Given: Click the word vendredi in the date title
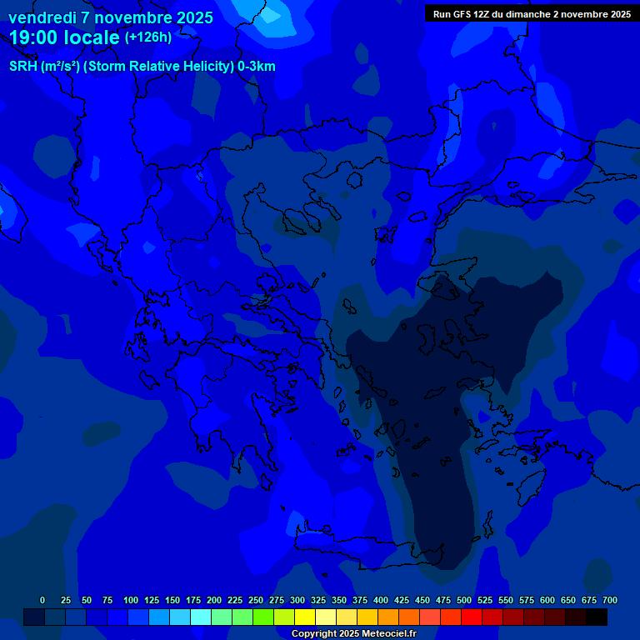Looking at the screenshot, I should click(x=42, y=17).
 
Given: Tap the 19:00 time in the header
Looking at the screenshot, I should click(x=36, y=37).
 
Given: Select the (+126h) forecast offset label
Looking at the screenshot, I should click(x=148, y=37).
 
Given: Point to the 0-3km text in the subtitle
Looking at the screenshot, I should click(x=256, y=67).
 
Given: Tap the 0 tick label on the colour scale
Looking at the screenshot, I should click(x=42, y=600).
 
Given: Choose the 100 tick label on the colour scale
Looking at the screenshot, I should click(x=131, y=600).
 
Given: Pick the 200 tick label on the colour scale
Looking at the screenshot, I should click(x=214, y=600).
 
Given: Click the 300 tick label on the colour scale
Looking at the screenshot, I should click(x=297, y=600).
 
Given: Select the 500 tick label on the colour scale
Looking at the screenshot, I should click(x=464, y=600).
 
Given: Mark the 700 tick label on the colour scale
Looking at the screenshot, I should click(x=610, y=600).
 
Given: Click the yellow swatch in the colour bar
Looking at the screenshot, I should click(x=305, y=617).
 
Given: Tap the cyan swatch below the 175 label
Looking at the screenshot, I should click(x=201, y=617).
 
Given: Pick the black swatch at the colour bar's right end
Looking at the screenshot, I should click(x=597, y=617).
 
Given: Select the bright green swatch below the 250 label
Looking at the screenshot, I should click(x=263, y=617).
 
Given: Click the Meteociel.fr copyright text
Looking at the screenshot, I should click(x=353, y=634).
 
